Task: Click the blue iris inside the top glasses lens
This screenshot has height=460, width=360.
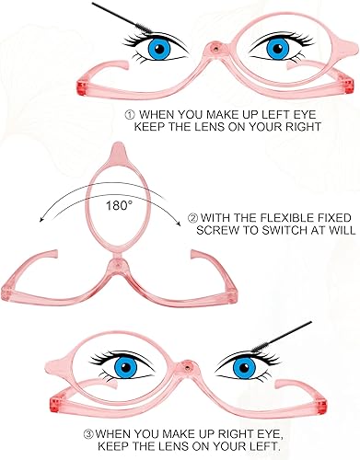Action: click(273, 47)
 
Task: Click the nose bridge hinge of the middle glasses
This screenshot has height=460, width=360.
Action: click(117, 267)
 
